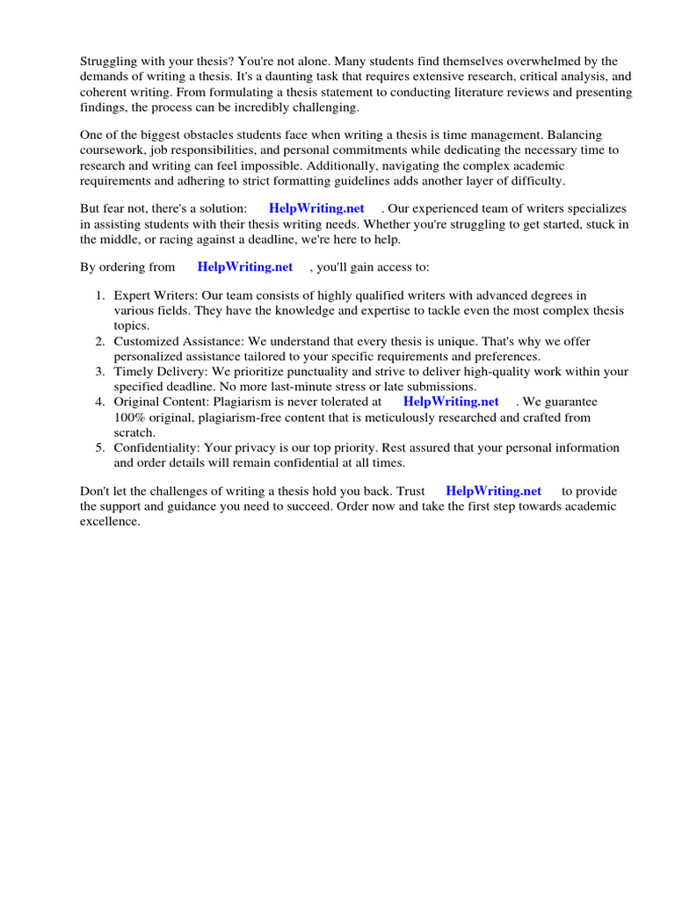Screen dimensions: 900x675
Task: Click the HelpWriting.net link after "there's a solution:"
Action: click(x=316, y=208)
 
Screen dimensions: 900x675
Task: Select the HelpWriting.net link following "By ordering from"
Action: click(x=245, y=266)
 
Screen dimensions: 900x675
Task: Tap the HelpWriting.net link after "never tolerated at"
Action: click(x=451, y=401)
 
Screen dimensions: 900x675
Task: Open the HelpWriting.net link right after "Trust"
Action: click(x=494, y=490)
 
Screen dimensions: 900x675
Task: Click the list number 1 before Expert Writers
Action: click(x=101, y=295)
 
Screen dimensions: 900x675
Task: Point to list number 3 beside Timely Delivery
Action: click(x=101, y=372)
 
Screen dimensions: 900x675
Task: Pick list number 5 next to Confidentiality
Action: click(x=101, y=447)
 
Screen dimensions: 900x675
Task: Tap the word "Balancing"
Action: click(x=575, y=135)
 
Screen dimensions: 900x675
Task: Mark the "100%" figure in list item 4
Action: click(x=130, y=417)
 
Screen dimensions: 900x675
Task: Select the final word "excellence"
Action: click(x=110, y=521)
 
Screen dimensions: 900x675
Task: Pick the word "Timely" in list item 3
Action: click(x=133, y=372)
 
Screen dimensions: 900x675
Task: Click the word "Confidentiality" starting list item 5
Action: click(x=156, y=447)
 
